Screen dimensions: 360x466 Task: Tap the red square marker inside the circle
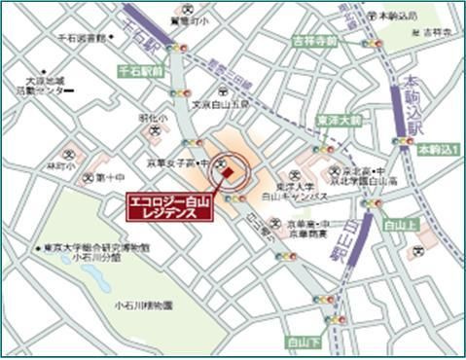[x=228, y=173]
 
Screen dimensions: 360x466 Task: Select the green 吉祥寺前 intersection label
[x=314, y=41]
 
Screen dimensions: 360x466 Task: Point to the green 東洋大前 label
[x=339, y=122]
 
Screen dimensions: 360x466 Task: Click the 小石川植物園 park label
[x=142, y=305]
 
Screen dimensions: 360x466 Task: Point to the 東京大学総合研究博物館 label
[x=91, y=248]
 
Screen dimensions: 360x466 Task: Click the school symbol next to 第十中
[x=89, y=177]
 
